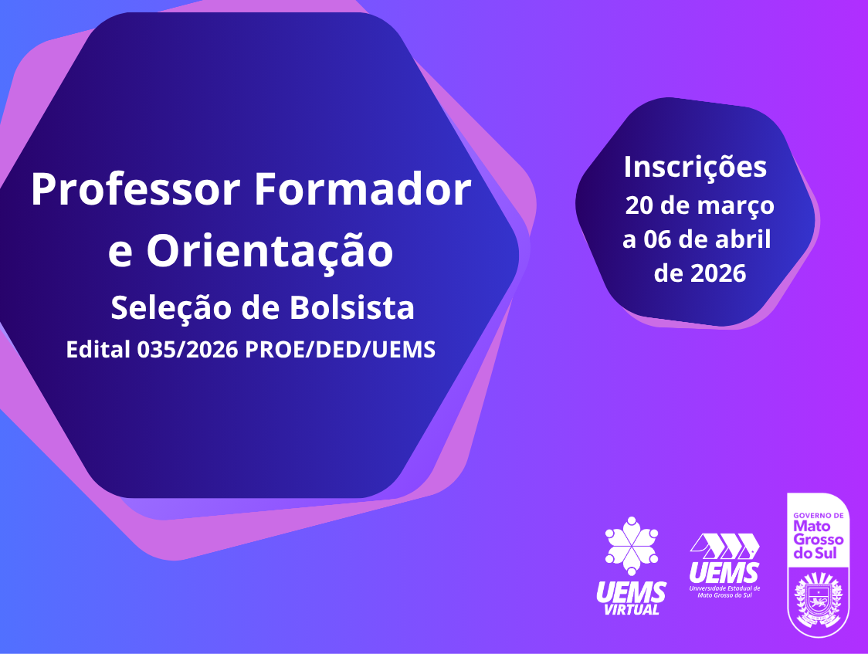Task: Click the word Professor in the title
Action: [136, 189]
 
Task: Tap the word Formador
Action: [363, 189]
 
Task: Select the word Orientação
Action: [270, 252]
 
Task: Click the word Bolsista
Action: [352, 307]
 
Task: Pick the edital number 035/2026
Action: [187, 350]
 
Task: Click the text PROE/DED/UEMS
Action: [340, 350]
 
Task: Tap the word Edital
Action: [98, 350]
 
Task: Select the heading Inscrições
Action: [695, 167]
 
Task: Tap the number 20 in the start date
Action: [639, 206]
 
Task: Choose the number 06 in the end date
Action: [657, 239]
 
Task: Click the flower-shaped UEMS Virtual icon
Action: [632, 546]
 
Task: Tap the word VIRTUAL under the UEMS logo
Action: [632, 609]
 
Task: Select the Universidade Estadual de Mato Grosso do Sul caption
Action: [724, 591]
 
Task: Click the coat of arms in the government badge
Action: [818, 601]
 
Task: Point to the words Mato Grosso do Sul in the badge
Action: [818, 540]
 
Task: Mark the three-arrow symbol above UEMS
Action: [724, 546]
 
